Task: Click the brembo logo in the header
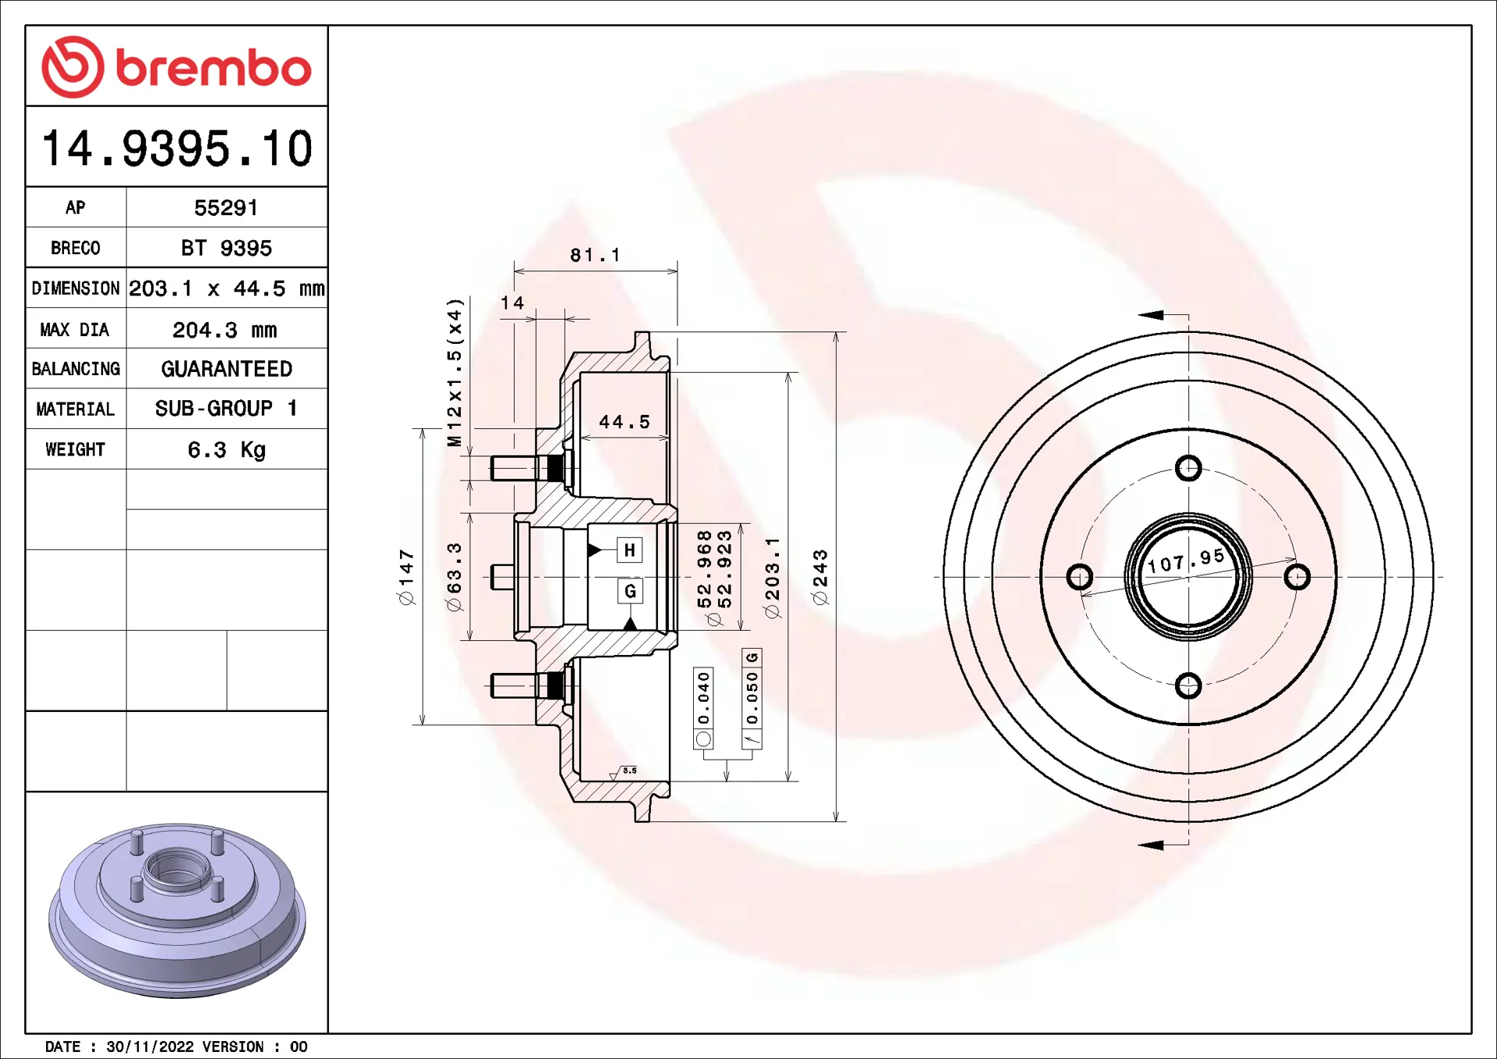click(177, 67)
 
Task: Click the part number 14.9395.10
click(177, 148)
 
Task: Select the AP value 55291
click(226, 208)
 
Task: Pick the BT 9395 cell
click(226, 248)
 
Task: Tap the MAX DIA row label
click(75, 330)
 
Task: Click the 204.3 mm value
click(225, 330)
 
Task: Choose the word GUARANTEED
click(227, 369)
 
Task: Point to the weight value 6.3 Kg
click(227, 450)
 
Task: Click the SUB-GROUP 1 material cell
click(226, 409)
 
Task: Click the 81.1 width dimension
click(595, 255)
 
